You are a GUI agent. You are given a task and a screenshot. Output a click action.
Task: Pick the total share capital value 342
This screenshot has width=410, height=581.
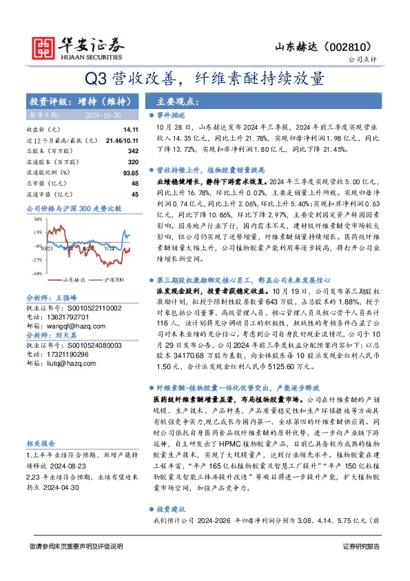tap(133, 150)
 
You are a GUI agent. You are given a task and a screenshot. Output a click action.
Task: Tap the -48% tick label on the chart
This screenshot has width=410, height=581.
tap(34, 274)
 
